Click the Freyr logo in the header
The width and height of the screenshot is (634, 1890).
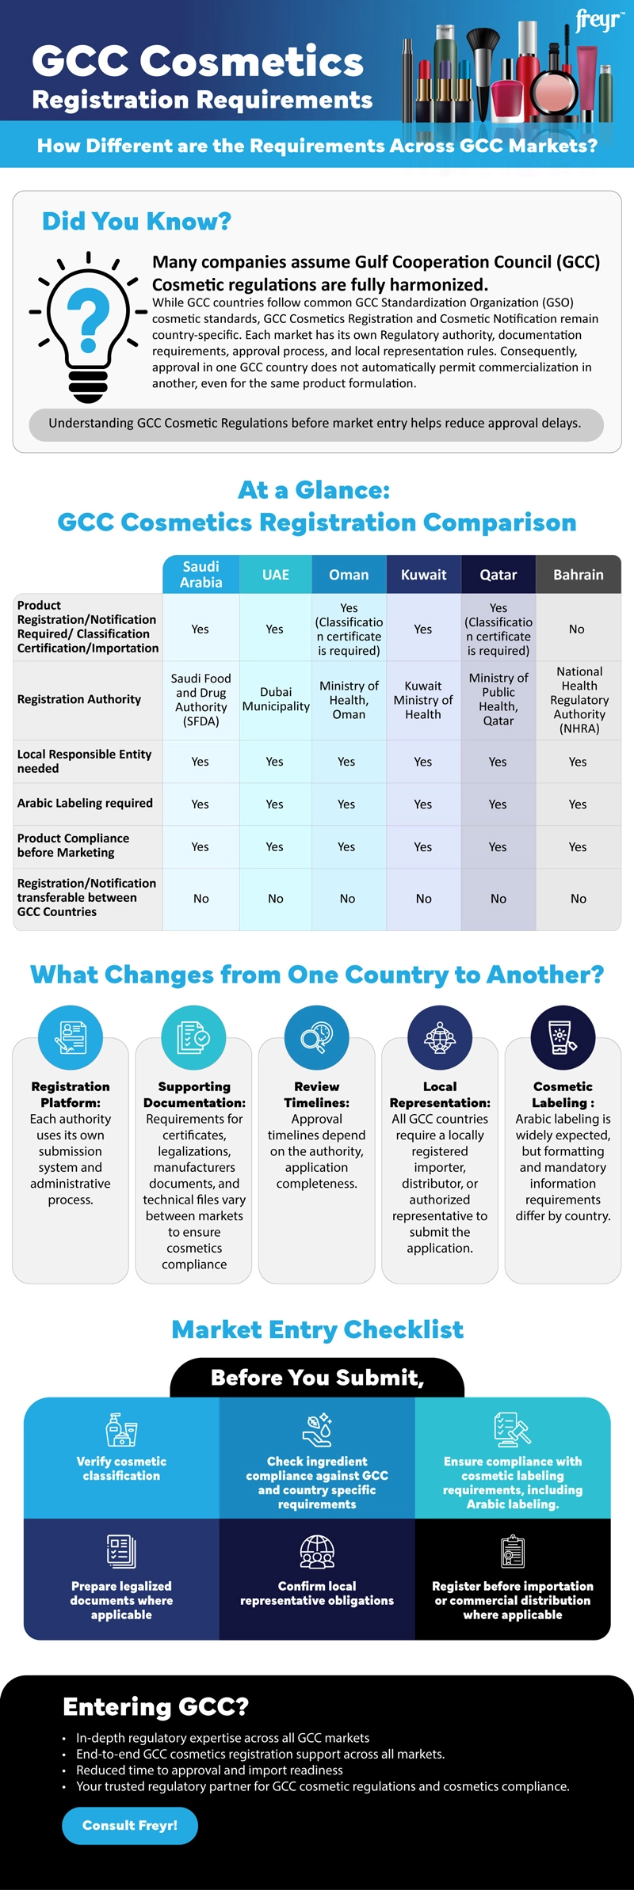click(x=599, y=20)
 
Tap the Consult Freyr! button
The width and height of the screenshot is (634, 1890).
click(x=130, y=1825)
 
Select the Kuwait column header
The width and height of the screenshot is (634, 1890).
click(x=423, y=575)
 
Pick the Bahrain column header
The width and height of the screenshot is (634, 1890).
click(x=579, y=575)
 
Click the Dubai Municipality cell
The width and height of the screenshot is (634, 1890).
click(x=276, y=699)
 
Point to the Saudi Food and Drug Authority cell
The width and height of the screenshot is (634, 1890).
click(x=201, y=700)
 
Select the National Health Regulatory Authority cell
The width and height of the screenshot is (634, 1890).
click(x=579, y=700)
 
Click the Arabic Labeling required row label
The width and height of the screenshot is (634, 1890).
click(x=85, y=803)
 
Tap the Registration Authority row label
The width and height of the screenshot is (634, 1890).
click(x=79, y=699)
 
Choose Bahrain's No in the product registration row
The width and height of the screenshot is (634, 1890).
click(x=577, y=629)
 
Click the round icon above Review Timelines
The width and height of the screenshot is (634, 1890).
click(x=317, y=1037)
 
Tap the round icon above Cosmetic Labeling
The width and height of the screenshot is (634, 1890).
click(x=563, y=1037)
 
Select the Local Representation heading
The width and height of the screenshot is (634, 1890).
click(x=440, y=1094)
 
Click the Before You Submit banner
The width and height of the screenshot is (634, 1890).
click(x=317, y=1379)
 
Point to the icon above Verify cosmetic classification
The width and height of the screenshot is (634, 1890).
click(x=121, y=1430)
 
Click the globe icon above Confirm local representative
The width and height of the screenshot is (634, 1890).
click(x=317, y=1552)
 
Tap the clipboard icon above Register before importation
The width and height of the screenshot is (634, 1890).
click(x=513, y=1552)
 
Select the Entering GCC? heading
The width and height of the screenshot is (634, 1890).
click(x=155, y=1706)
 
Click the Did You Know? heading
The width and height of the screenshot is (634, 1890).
click(x=136, y=221)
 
